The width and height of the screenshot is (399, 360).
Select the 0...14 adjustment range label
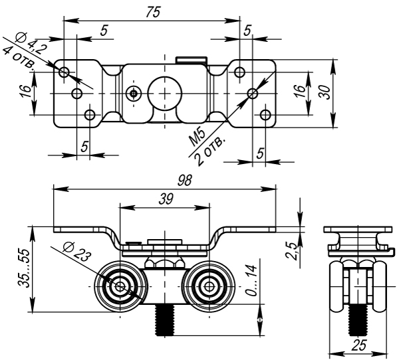coord(251,281)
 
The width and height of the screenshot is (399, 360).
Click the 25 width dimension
coord(358,345)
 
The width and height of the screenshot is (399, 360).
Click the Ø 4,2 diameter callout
coord(31,44)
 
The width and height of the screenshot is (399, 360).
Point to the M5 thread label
coord(198,137)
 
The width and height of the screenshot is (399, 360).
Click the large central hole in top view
coord(164,92)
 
